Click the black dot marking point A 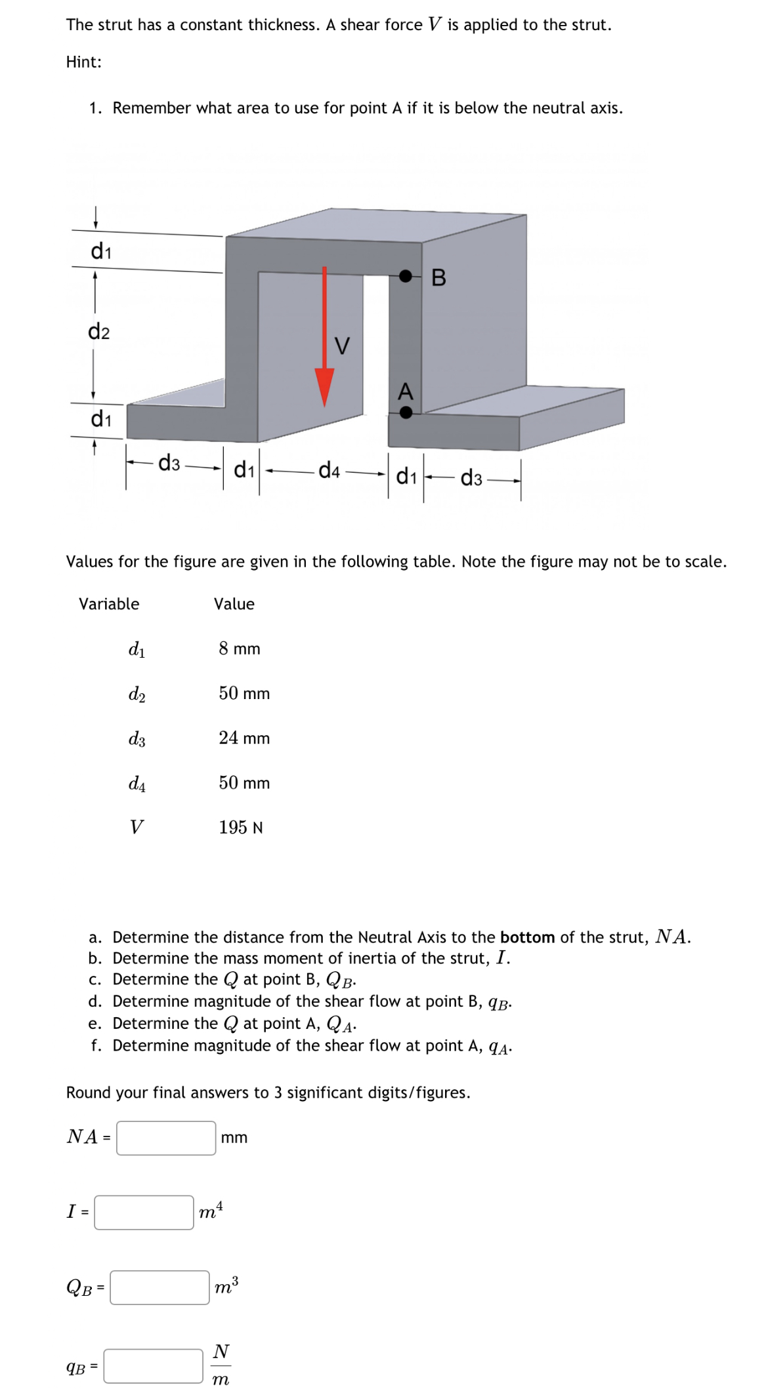point(406,412)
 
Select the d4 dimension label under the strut point(329,470)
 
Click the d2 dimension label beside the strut point(99,332)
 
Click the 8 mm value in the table point(240,649)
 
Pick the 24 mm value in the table point(244,738)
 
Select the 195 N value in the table point(241,827)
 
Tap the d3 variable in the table point(137,739)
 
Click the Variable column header point(109,603)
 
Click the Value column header point(234,603)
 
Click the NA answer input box point(166,1138)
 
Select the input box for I point(144,1212)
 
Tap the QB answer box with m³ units point(160,1287)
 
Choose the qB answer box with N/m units point(153,1365)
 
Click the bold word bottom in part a point(527,937)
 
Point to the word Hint point(83,62)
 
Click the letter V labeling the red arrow point(342,345)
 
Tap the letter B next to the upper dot point(439,278)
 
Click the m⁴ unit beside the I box point(211,1211)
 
